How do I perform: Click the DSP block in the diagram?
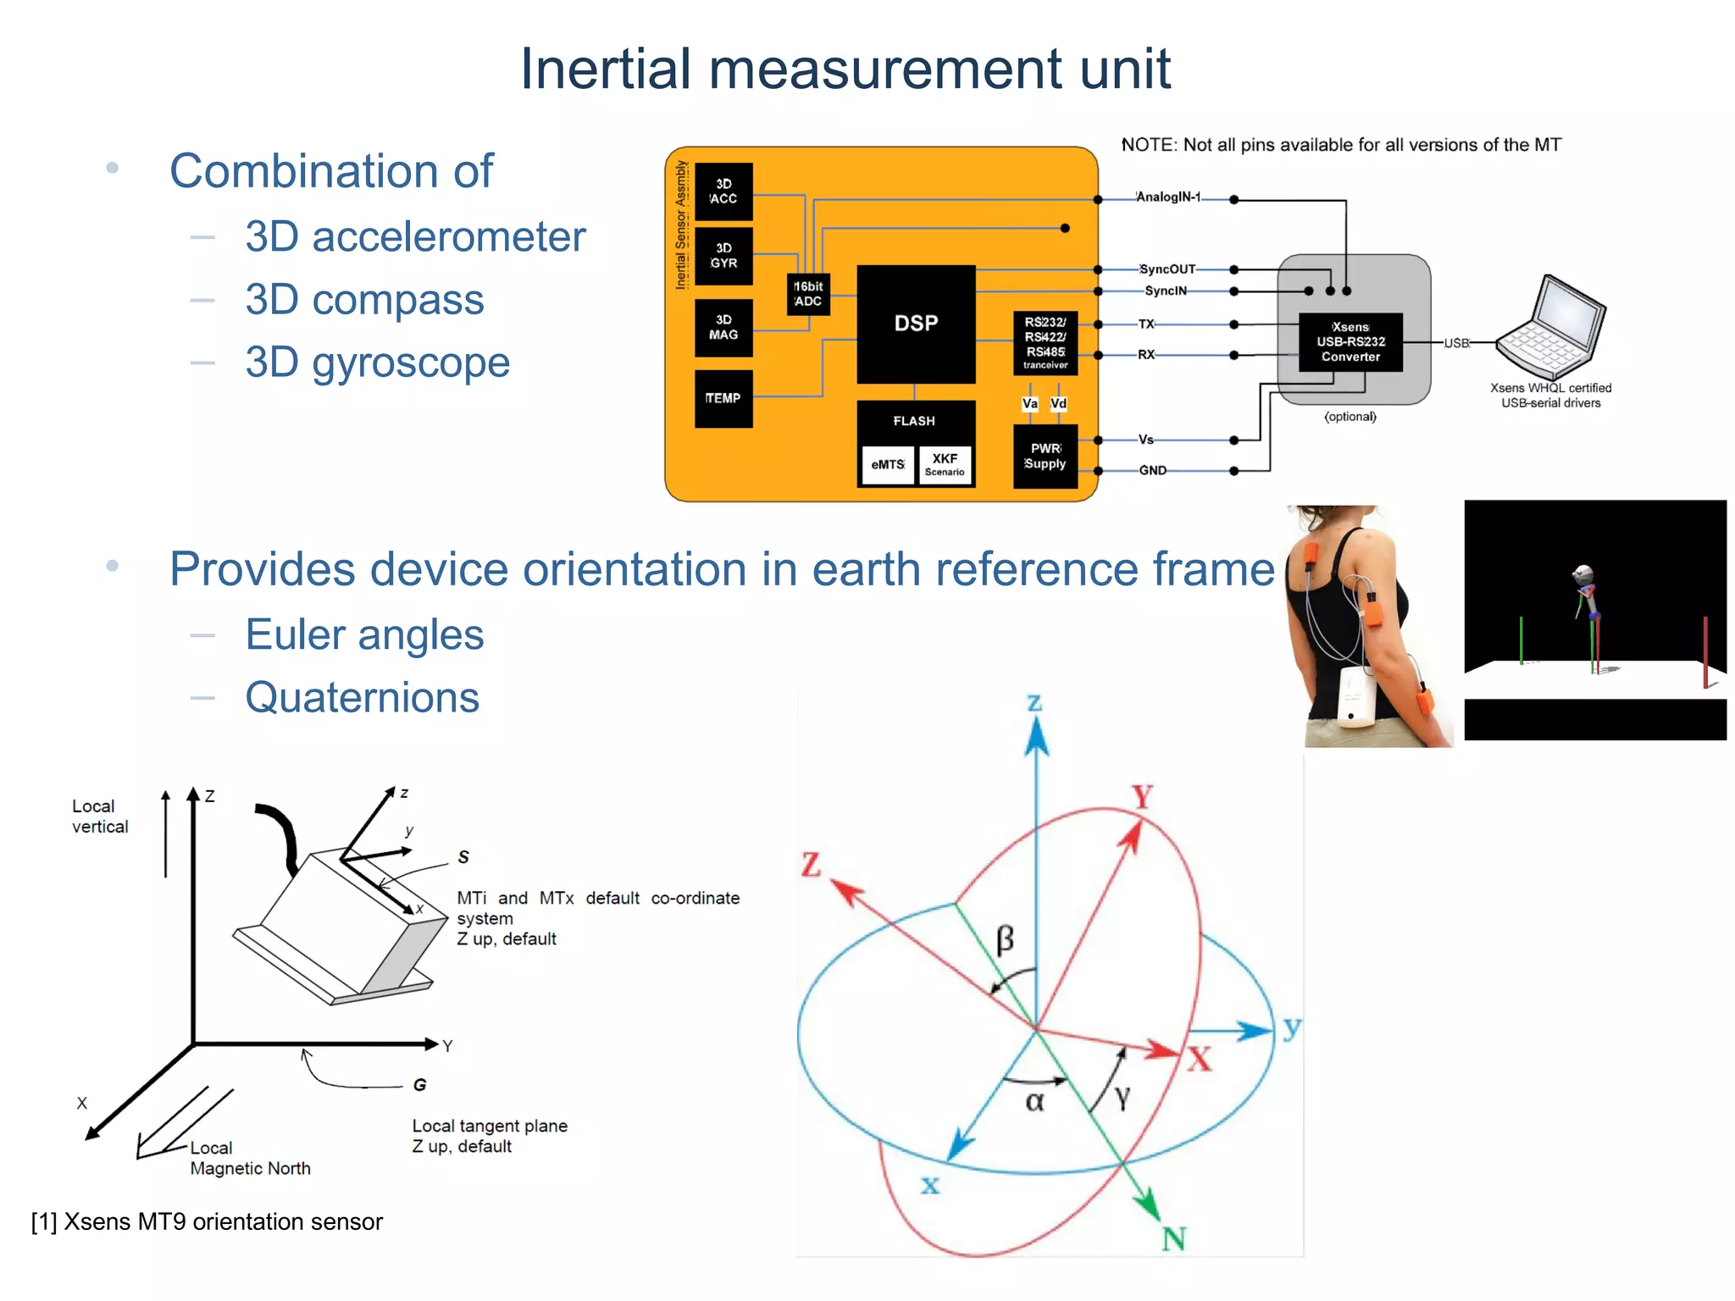click(916, 324)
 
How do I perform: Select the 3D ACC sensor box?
click(723, 191)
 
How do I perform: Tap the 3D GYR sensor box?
click(723, 256)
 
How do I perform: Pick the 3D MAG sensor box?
click(723, 328)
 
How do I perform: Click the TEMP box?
click(723, 398)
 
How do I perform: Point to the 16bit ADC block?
click(807, 294)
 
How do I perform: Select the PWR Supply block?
click(1045, 456)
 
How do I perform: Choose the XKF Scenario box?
click(945, 465)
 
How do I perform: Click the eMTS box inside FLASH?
click(888, 465)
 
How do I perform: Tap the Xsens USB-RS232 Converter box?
click(1350, 342)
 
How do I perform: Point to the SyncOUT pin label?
click(1167, 269)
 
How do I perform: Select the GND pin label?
click(1152, 470)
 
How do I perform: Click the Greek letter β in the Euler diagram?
click(1005, 939)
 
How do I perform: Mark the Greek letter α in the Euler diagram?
click(1034, 1101)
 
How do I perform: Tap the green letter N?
click(1173, 1239)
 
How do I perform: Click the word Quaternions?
click(362, 698)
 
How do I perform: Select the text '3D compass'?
click(364, 300)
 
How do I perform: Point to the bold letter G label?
click(419, 1085)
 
